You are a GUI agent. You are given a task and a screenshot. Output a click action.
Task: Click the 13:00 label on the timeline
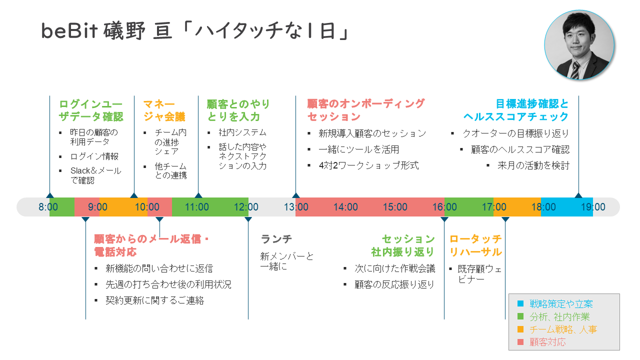[x=296, y=207]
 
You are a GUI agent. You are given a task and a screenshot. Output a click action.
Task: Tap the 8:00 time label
[x=48, y=207]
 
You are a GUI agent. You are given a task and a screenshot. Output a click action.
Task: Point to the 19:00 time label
[x=593, y=207]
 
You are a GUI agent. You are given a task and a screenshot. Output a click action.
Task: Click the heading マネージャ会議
[x=164, y=110]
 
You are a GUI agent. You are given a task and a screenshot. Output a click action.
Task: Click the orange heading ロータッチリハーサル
[x=475, y=245]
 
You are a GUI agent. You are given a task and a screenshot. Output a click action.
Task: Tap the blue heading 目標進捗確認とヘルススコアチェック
[x=517, y=110]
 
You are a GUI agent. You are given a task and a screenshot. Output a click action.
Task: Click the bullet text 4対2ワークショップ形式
[x=368, y=165]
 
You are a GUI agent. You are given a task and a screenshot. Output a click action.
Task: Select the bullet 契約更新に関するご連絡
[x=154, y=300]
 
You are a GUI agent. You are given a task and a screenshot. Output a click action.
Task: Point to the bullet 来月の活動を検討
[x=533, y=165]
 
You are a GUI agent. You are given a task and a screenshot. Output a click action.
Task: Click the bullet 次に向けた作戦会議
[x=394, y=268]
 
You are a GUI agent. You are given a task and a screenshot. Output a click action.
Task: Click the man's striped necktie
[x=575, y=70]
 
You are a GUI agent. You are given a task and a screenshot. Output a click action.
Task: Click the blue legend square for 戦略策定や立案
[x=521, y=304]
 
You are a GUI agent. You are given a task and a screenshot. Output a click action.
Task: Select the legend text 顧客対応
[x=547, y=342]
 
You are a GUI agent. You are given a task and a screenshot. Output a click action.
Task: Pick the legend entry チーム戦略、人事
[x=563, y=329]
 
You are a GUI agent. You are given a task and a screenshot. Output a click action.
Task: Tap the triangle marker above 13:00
[x=296, y=195]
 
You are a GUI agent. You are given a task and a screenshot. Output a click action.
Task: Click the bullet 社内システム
[x=242, y=133]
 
